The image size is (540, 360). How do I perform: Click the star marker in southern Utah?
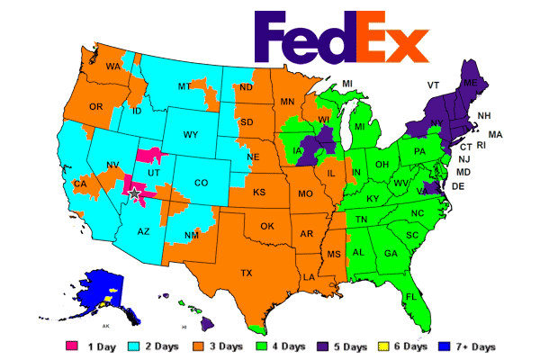point(135,193)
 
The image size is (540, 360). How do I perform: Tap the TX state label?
point(246,273)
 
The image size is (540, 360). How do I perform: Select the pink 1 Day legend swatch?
point(72,346)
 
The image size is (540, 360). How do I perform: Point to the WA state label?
point(113,67)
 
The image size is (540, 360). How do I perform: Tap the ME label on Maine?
point(469,83)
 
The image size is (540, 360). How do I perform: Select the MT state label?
point(185,86)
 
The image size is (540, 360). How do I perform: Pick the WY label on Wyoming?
point(191,135)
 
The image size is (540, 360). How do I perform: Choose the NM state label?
point(191,236)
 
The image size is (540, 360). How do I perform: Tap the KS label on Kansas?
point(259,193)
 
